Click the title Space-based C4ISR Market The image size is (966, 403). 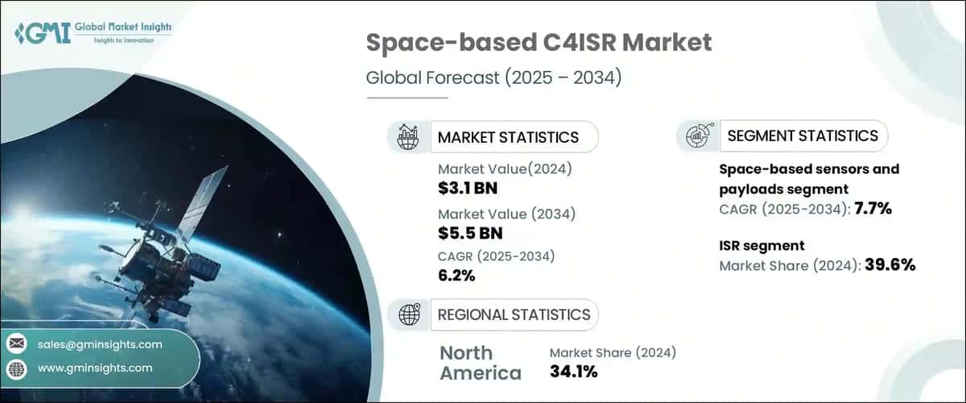539,43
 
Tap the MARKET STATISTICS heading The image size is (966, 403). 507,137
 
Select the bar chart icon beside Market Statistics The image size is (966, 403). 407,137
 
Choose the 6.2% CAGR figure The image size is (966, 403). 456,276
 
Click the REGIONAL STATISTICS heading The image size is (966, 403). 514,314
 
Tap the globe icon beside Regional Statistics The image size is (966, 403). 407,314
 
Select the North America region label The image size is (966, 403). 481,363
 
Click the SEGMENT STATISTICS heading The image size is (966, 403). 803,135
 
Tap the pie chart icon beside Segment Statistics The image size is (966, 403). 697,136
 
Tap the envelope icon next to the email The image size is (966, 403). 17,344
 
